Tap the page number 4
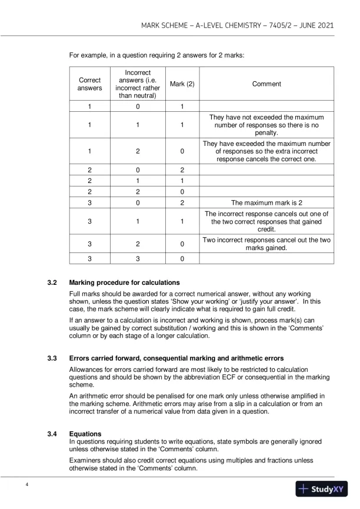tap(26, 484)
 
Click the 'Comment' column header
tap(266, 84)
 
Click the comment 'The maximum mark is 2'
tap(266, 202)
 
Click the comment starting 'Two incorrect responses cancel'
tap(266, 244)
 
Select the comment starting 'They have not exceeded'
tap(266, 125)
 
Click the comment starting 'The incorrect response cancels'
tap(266, 222)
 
